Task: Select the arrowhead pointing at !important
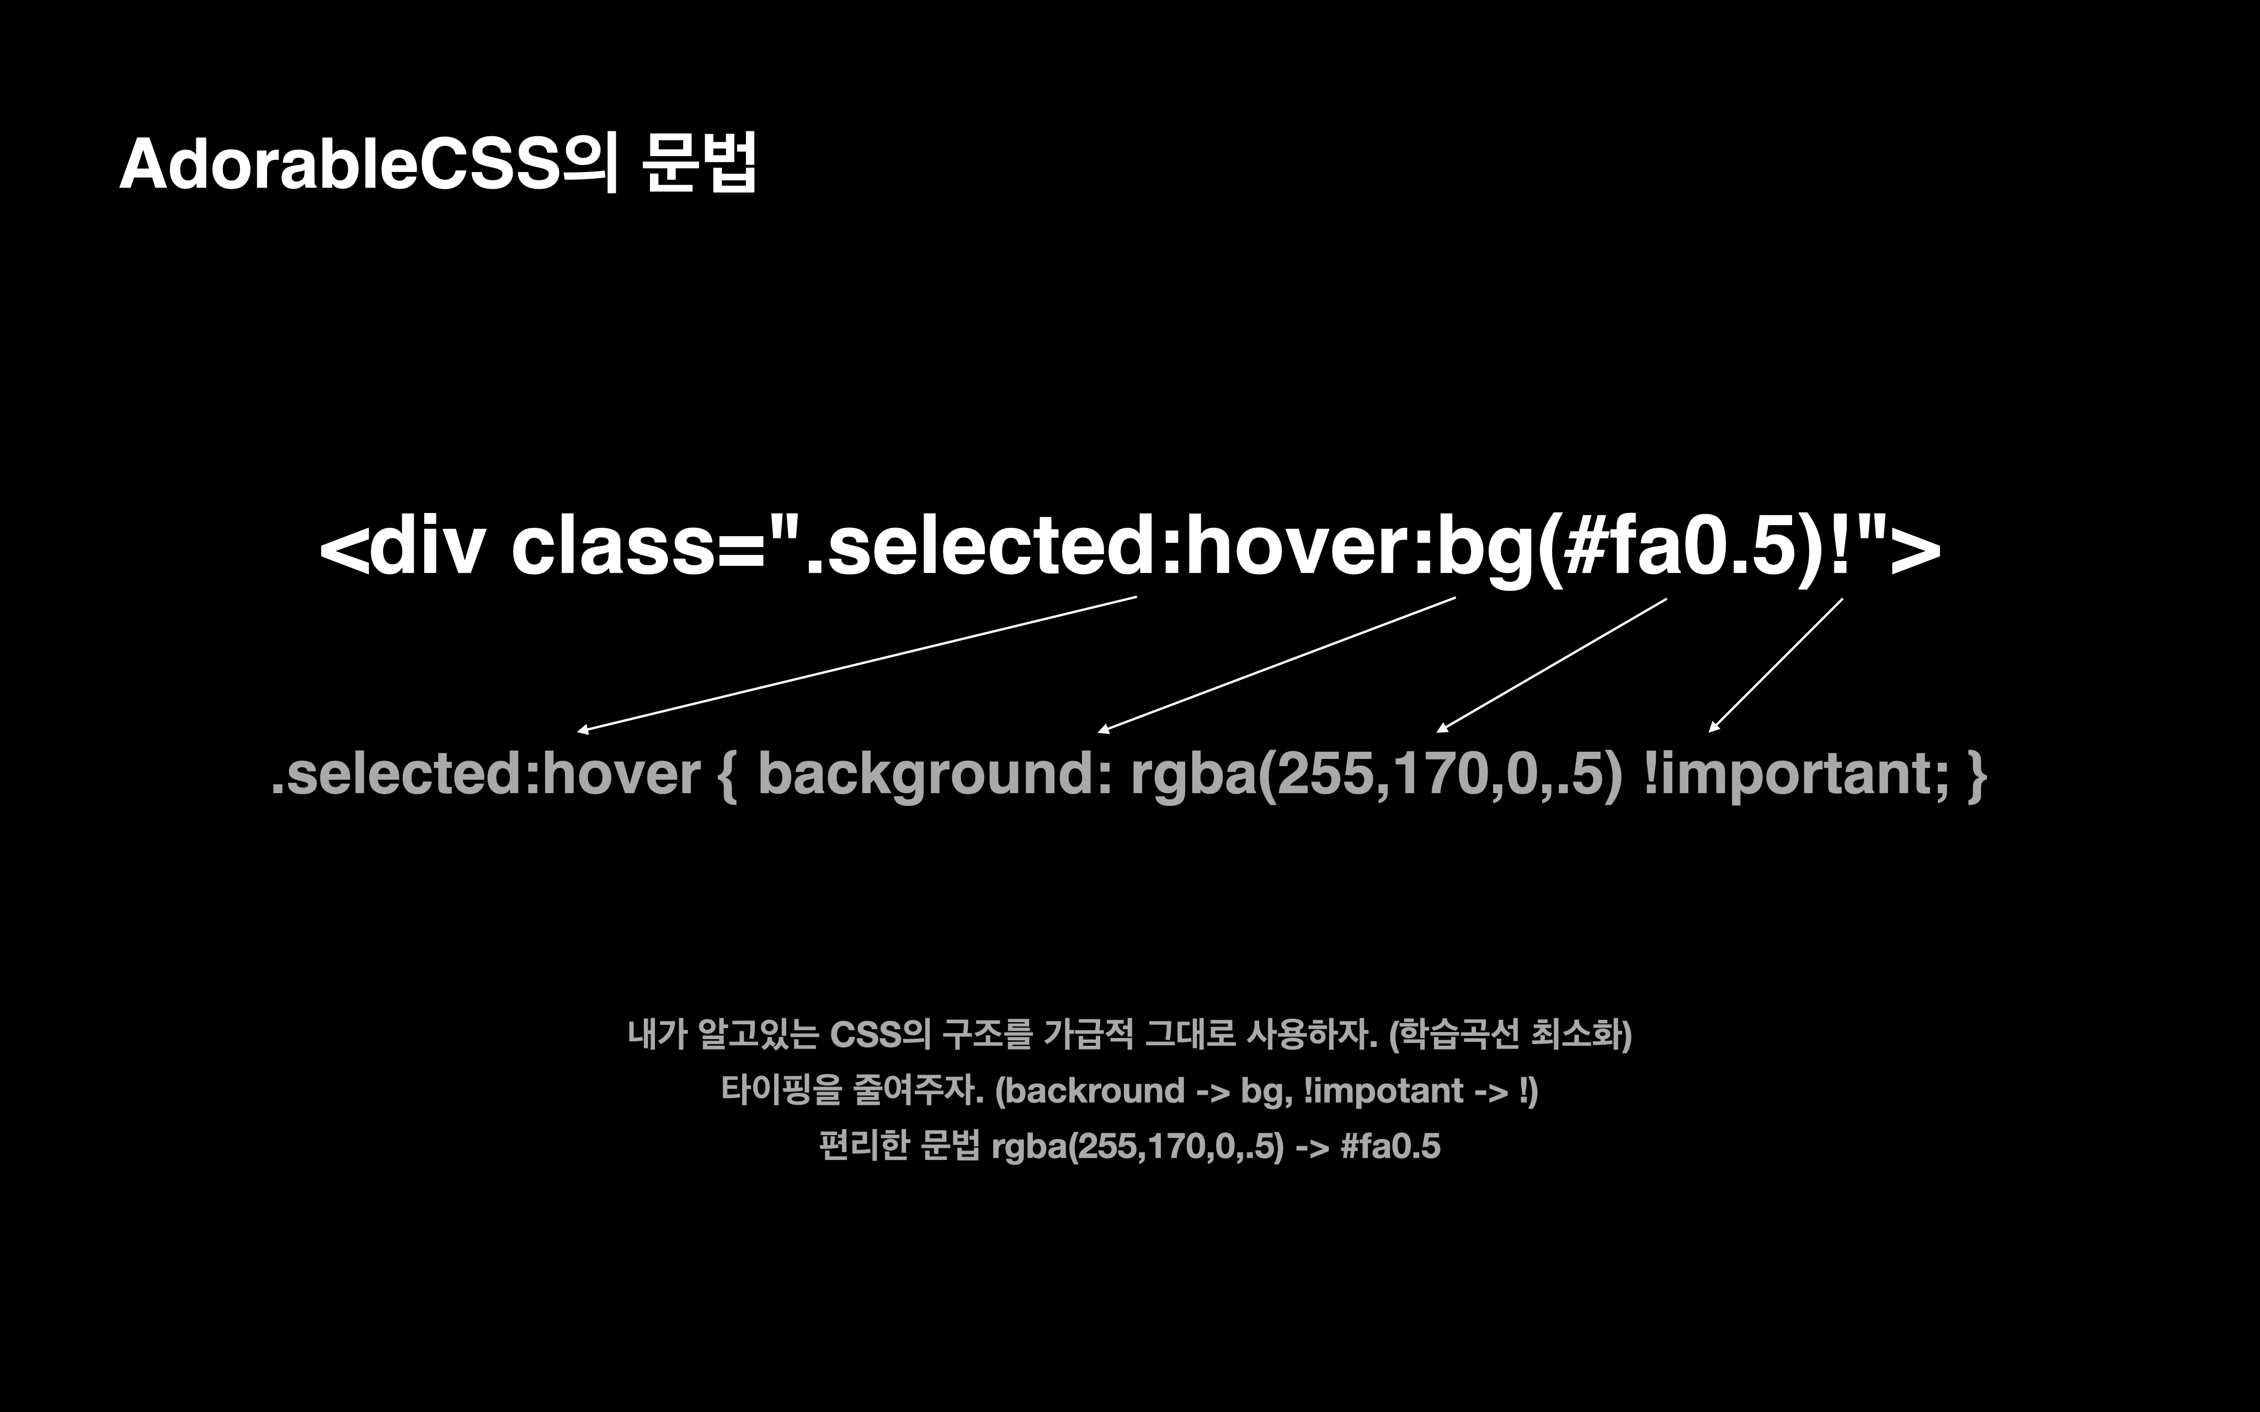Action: (1714, 726)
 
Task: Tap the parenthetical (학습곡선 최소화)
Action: (1510, 1035)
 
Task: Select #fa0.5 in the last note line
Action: (1390, 1146)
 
